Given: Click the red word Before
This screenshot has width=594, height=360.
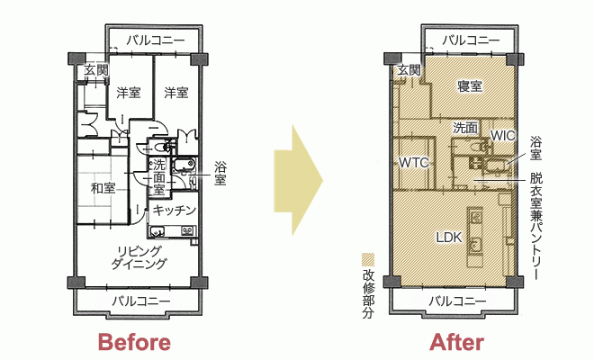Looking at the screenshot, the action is (x=134, y=343).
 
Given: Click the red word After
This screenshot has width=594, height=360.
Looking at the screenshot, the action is (x=456, y=343).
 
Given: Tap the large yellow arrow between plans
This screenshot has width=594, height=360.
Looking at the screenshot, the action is (x=298, y=180).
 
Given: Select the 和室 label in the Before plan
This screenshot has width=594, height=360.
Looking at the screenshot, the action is (x=103, y=188).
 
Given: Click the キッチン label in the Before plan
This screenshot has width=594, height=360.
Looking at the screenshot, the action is (x=175, y=211).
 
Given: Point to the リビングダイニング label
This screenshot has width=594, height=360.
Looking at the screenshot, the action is (x=139, y=256).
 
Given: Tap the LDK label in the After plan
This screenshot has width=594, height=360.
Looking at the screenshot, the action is (x=449, y=238).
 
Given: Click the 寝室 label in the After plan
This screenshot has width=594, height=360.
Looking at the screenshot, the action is (x=470, y=86).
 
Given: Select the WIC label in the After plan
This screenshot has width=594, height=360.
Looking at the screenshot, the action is (x=503, y=136).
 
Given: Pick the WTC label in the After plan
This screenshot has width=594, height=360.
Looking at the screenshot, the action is (x=414, y=163).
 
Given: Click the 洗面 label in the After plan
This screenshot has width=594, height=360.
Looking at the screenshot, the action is (x=465, y=128).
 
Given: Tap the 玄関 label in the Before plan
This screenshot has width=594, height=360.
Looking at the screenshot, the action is (x=95, y=70).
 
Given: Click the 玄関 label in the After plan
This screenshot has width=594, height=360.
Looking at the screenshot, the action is (x=409, y=70).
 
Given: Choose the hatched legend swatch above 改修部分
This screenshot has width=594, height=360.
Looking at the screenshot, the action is (x=368, y=260).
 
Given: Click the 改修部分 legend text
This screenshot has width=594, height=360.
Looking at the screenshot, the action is (x=368, y=294).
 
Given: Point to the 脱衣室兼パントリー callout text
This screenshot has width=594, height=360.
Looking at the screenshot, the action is (x=536, y=227).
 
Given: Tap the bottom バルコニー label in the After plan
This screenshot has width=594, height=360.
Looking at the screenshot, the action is (x=457, y=301).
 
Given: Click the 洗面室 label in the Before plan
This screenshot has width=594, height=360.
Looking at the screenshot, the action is (x=159, y=176).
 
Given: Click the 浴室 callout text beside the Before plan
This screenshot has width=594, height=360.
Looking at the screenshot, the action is (x=220, y=174).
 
